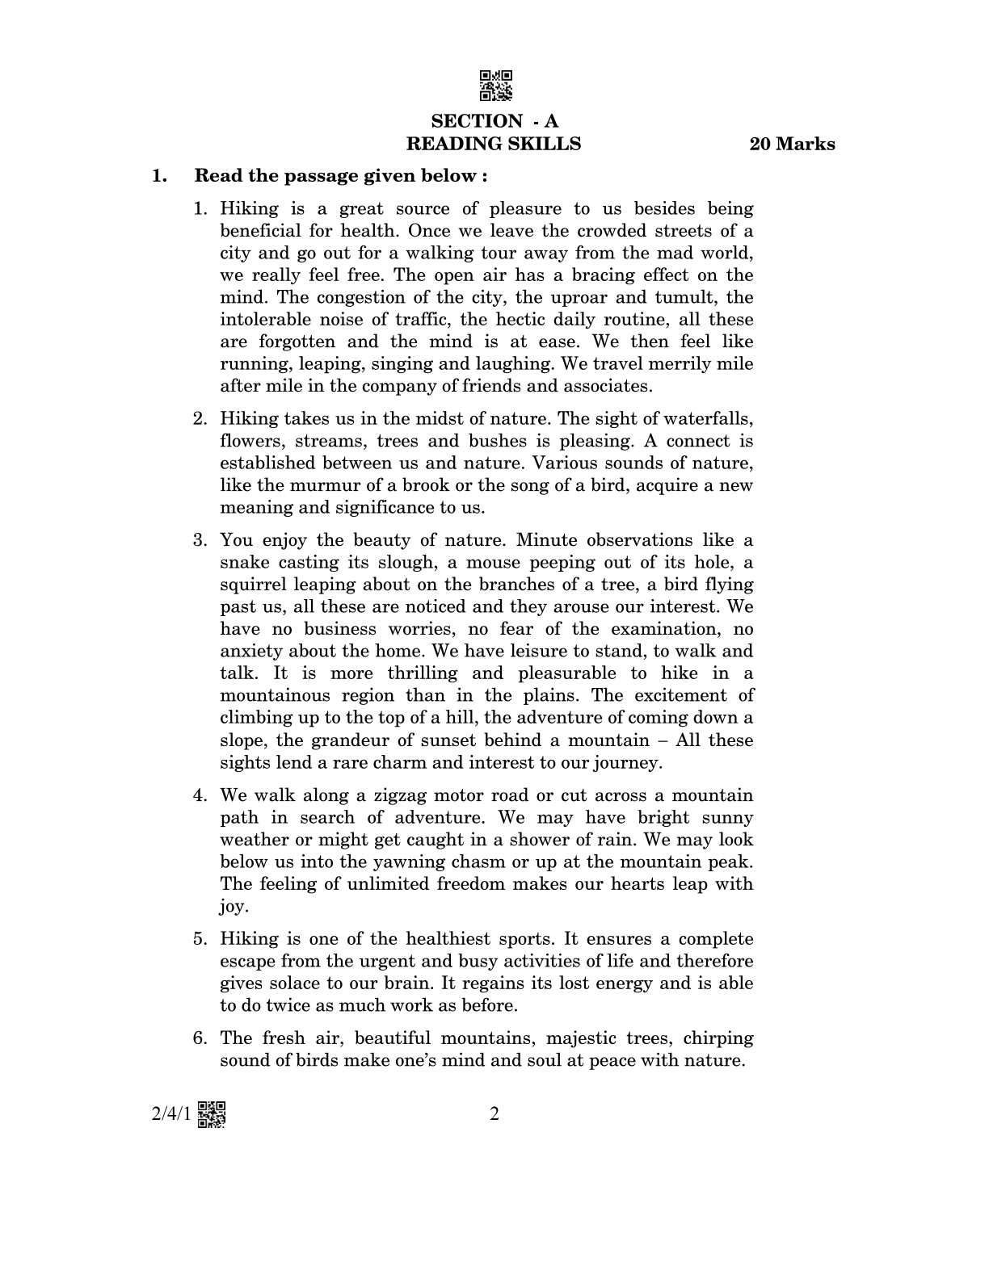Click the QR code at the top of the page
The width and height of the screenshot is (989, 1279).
(x=494, y=86)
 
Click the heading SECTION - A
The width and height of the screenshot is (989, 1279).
(x=494, y=121)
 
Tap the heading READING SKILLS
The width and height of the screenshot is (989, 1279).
(x=493, y=144)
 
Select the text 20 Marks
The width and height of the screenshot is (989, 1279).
(x=792, y=145)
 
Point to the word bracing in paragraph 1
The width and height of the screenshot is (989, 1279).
(x=600, y=275)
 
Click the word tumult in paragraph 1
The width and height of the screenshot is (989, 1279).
(x=690, y=297)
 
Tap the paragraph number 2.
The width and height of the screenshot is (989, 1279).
(x=200, y=418)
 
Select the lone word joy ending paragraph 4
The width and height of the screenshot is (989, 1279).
(x=231, y=907)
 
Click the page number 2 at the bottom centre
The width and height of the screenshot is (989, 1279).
(x=494, y=1114)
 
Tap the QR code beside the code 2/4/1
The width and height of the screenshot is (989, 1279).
(x=212, y=1114)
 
